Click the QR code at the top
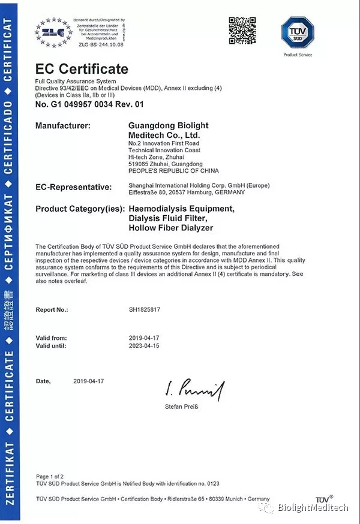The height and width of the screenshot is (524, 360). point(241,29)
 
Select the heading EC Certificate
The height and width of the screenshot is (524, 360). point(82,69)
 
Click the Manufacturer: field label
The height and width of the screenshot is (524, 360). point(63,126)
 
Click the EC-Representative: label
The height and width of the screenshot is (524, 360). point(73,187)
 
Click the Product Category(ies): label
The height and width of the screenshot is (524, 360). point(80,209)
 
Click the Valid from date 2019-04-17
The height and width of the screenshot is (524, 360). point(145,338)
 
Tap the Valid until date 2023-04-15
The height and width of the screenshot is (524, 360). point(145,346)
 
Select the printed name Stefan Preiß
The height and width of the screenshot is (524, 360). point(181,407)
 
